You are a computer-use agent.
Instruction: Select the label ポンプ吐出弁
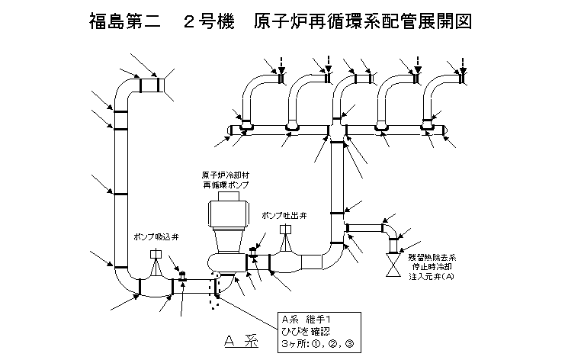(284, 217)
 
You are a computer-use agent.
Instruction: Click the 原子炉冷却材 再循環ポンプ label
(226, 181)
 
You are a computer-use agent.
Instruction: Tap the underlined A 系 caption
(242, 341)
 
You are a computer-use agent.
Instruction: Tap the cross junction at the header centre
(335, 131)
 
